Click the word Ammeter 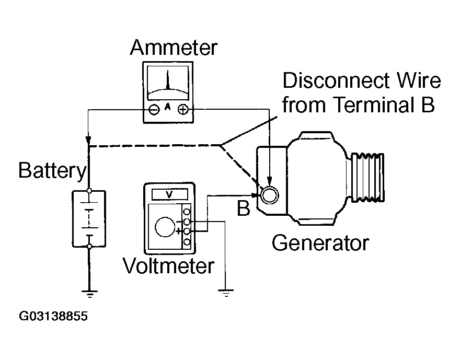[173, 48]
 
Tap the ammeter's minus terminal [154, 110]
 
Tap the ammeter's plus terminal [183, 110]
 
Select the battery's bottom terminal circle [89, 246]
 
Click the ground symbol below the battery [89, 294]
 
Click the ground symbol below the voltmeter [226, 294]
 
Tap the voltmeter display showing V [168, 194]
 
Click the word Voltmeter [168, 266]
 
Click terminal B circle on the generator [269, 195]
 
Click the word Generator [320, 243]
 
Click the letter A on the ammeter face [168, 106]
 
